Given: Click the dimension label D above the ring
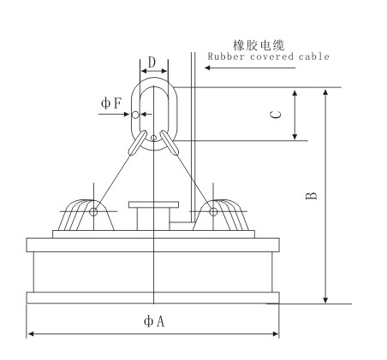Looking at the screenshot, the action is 152,62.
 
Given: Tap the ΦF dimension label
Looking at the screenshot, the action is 111,103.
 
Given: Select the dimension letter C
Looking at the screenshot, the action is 276,115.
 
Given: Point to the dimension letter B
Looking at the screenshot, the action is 312,196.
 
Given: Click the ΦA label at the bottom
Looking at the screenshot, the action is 154,322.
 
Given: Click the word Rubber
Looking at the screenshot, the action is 226,56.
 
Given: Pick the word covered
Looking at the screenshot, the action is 271,56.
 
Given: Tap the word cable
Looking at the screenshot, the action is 314,56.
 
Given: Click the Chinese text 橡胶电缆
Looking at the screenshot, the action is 259,45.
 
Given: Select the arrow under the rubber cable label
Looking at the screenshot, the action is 250,68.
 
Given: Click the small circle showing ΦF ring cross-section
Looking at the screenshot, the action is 135,115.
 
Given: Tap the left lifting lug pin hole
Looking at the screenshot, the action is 93,212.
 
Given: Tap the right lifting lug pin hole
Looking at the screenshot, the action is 213,212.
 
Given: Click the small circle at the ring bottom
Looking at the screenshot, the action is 153,138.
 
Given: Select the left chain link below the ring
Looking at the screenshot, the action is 137,143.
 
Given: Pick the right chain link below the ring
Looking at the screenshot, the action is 170,143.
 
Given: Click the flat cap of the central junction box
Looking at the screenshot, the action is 153,204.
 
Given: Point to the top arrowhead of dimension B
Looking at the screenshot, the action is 325,92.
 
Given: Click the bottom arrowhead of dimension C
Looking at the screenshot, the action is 295,136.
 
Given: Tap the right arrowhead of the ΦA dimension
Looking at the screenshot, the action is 276,333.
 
